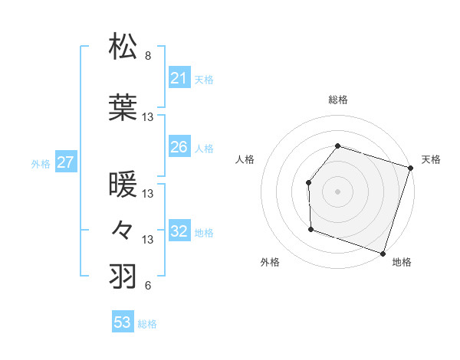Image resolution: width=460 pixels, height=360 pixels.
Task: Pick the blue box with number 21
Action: tap(179, 78)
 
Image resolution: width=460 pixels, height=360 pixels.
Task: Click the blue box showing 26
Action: tap(179, 147)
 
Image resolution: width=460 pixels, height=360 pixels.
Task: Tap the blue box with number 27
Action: tap(66, 162)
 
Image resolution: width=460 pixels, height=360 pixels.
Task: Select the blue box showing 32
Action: tap(179, 231)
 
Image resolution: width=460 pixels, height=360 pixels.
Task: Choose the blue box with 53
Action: tap(122, 322)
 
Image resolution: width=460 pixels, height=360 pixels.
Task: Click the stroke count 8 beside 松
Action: tap(148, 56)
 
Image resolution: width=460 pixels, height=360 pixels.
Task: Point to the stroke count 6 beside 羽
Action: tap(147, 286)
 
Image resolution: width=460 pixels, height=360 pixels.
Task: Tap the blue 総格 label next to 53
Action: tap(147, 324)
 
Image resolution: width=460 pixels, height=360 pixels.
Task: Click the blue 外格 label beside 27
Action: tap(41, 163)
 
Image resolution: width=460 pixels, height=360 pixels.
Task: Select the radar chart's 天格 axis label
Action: tap(431, 159)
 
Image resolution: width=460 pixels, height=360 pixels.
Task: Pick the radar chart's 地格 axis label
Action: tap(402, 263)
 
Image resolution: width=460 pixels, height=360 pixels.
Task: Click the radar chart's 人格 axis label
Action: tap(245, 159)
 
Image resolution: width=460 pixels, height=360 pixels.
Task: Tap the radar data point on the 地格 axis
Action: tap(383, 253)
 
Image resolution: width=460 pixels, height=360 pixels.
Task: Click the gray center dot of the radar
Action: tap(337, 191)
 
